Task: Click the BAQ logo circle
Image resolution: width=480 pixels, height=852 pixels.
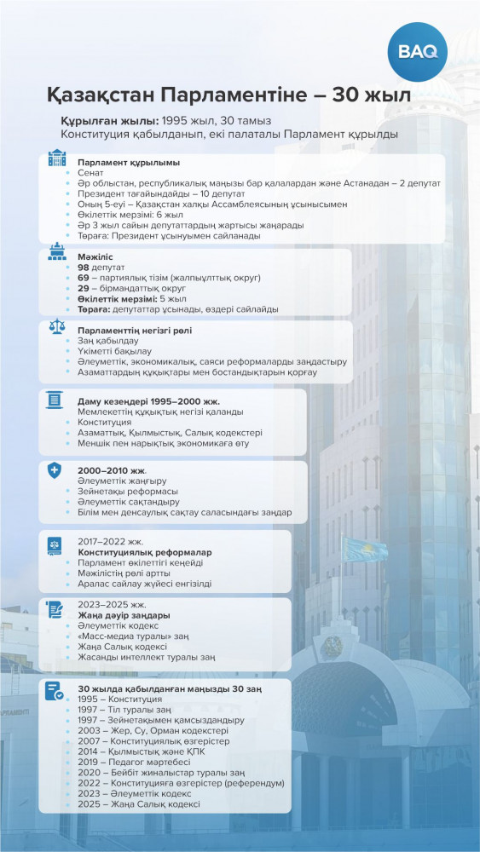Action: (x=418, y=51)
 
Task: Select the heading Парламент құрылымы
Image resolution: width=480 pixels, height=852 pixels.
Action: (x=129, y=162)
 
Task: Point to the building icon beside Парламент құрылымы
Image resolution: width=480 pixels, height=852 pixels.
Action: (x=56, y=158)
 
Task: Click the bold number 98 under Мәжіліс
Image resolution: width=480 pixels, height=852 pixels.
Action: (x=83, y=267)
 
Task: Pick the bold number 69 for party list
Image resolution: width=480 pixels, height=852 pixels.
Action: (x=83, y=278)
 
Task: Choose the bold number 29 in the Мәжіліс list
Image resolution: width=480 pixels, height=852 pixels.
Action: (x=83, y=288)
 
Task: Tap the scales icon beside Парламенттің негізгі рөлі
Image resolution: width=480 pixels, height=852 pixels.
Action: (x=56, y=328)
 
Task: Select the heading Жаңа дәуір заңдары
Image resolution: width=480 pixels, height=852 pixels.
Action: (x=124, y=614)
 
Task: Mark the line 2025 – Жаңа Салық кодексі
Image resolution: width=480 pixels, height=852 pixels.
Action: (x=138, y=803)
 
